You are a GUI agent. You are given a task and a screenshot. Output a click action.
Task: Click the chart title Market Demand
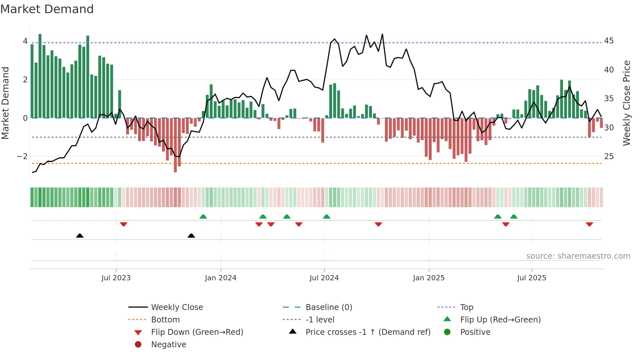[x=47, y=9]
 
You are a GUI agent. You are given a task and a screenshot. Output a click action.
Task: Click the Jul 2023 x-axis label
[x=116, y=278]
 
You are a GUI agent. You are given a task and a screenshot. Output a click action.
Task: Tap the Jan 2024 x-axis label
[x=220, y=278]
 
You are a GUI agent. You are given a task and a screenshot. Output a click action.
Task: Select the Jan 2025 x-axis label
[x=428, y=278]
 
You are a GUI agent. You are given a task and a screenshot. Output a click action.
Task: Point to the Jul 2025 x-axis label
[x=532, y=278]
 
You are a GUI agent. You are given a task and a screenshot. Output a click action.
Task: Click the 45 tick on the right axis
[x=609, y=41]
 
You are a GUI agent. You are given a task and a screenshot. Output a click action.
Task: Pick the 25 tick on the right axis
[x=609, y=156]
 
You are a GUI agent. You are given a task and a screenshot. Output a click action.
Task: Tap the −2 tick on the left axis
[x=22, y=156]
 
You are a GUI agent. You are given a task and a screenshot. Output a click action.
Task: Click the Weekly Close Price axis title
[x=626, y=103]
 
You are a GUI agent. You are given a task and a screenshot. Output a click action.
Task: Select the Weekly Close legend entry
[x=177, y=307]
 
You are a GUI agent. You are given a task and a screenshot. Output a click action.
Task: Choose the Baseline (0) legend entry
[x=328, y=307]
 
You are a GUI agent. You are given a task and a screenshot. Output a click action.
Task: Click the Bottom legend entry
[x=165, y=320]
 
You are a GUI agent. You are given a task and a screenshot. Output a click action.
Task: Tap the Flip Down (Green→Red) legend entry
[x=197, y=332]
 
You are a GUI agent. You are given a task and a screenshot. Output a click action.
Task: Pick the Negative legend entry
[x=168, y=345]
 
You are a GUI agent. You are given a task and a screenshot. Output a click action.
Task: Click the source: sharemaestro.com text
[x=578, y=256]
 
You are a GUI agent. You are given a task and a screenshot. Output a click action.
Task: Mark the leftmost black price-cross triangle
[x=80, y=236]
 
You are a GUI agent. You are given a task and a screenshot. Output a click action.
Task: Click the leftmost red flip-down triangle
[x=123, y=224]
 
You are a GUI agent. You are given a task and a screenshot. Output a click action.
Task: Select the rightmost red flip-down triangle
[x=589, y=224]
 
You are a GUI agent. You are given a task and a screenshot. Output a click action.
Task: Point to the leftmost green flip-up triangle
[x=203, y=217]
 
